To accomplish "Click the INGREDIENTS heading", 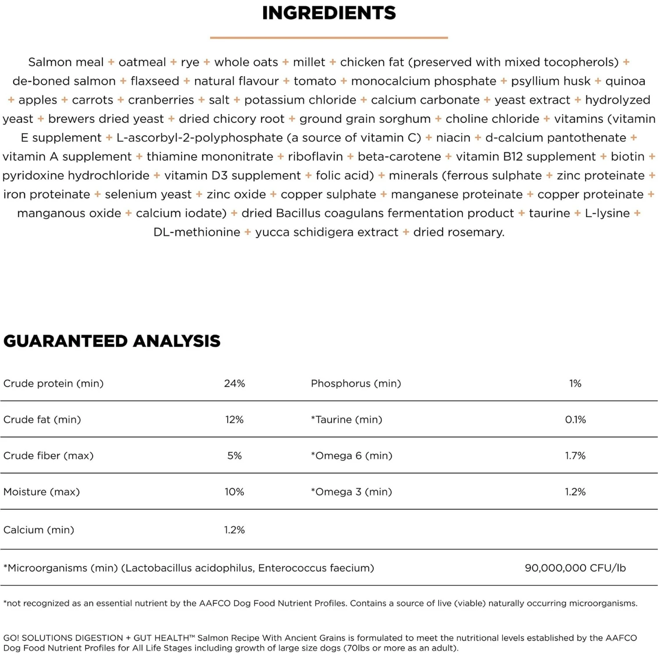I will click(329, 13).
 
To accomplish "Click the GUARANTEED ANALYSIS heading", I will click(112, 341).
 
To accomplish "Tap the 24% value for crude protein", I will click(234, 383).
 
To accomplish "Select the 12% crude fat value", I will click(234, 419).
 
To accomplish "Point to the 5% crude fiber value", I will click(234, 456).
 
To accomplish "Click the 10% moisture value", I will click(234, 492).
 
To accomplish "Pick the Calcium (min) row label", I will click(39, 530).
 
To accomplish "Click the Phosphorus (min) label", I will click(356, 383).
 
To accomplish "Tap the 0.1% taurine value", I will click(575, 419).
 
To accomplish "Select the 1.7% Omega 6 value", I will click(575, 456).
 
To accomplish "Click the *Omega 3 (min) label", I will click(351, 492).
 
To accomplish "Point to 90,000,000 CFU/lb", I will click(575, 568).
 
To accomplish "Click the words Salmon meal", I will click(66, 62).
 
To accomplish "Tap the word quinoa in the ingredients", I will click(625, 81).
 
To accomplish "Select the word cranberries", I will click(161, 100).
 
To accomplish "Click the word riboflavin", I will click(315, 157).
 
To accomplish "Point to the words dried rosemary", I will click(458, 232).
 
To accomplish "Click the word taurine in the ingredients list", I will click(549, 213).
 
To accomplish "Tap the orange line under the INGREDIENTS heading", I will click(329, 38).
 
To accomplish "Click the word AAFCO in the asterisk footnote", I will click(215, 604).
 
